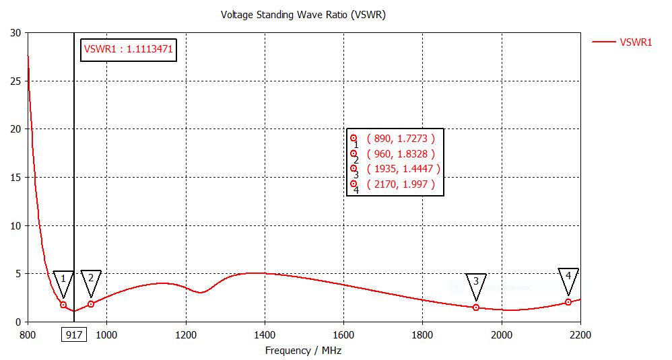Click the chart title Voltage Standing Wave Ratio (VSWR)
pyautogui.click(x=303, y=14)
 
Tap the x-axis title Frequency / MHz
pyautogui.click(x=304, y=350)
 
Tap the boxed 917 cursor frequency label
pyautogui.click(x=74, y=334)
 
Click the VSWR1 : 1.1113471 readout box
pyautogui.click(x=128, y=48)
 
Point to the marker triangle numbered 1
pyautogui.click(x=63, y=281)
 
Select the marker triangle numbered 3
pyautogui.click(x=476, y=285)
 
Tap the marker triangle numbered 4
pyautogui.click(x=568, y=279)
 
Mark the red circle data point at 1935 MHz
pyautogui.click(x=476, y=308)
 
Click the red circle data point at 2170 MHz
pyautogui.click(x=568, y=302)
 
